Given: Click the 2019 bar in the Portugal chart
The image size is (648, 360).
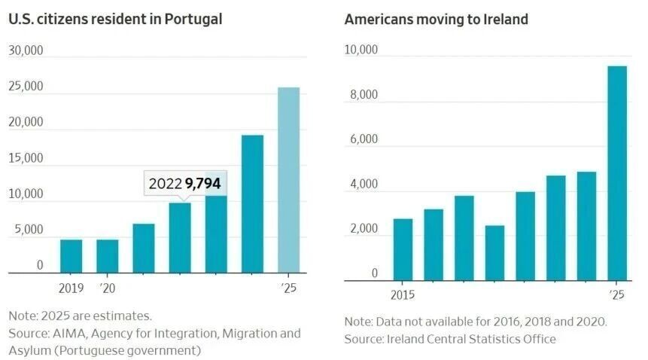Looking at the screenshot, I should coord(71,256).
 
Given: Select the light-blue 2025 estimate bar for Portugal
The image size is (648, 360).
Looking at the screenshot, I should coord(289,181).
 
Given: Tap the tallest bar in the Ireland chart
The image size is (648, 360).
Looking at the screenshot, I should coord(617,173).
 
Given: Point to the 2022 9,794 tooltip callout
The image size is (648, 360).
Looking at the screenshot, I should coord(184,184).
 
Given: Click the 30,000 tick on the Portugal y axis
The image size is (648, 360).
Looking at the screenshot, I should coord(26,50).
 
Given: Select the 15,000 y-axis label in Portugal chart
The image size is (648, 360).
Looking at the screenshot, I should coord(26,158).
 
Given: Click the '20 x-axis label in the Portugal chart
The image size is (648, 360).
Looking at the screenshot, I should coord(108,288).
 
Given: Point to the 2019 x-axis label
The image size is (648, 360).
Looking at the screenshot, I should coord(71,288).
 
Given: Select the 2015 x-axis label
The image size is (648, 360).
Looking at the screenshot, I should coord(402,294).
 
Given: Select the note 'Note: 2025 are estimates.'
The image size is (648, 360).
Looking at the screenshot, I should coord(81,316).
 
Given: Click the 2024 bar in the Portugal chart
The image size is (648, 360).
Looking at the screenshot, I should coord(252,203).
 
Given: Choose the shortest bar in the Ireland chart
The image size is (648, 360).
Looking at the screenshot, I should coord(494,253).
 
